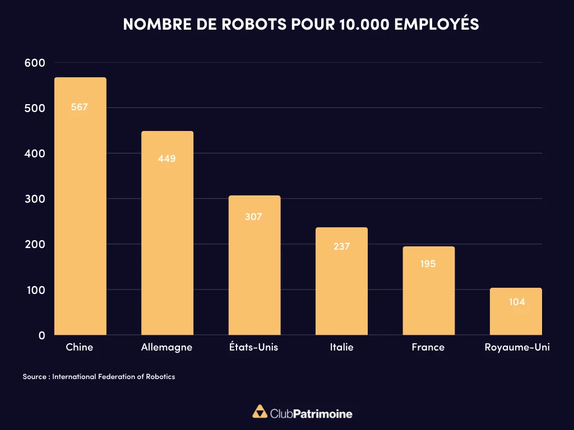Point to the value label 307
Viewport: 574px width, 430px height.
point(253,217)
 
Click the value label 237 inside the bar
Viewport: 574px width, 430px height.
point(341,246)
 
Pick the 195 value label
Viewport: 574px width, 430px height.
point(428,264)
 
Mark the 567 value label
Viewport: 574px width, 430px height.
point(80,107)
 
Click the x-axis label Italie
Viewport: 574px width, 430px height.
point(341,347)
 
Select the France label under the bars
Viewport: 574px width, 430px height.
point(428,347)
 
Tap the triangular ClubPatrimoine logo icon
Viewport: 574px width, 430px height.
point(260,412)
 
